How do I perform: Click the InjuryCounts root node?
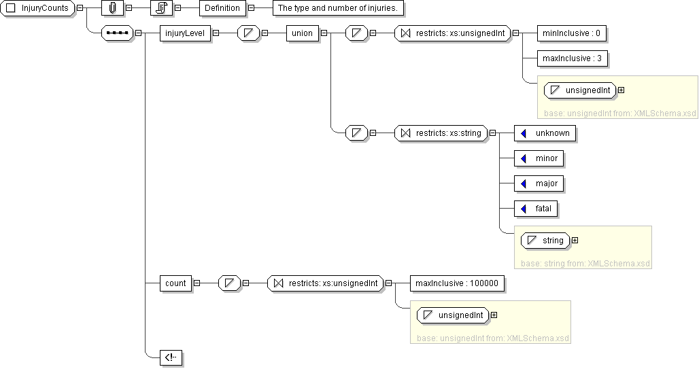click(38, 8)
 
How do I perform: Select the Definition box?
click(223, 8)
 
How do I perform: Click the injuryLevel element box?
click(184, 33)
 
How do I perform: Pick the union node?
click(302, 33)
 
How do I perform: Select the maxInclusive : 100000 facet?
click(457, 283)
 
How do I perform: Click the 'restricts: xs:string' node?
click(441, 133)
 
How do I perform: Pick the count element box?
click(175, 283)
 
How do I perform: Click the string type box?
click(545, 241)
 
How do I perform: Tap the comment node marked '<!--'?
click(171, 358)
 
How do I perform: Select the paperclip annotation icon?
click(112, 8)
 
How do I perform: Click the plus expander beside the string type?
click(575, 240)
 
